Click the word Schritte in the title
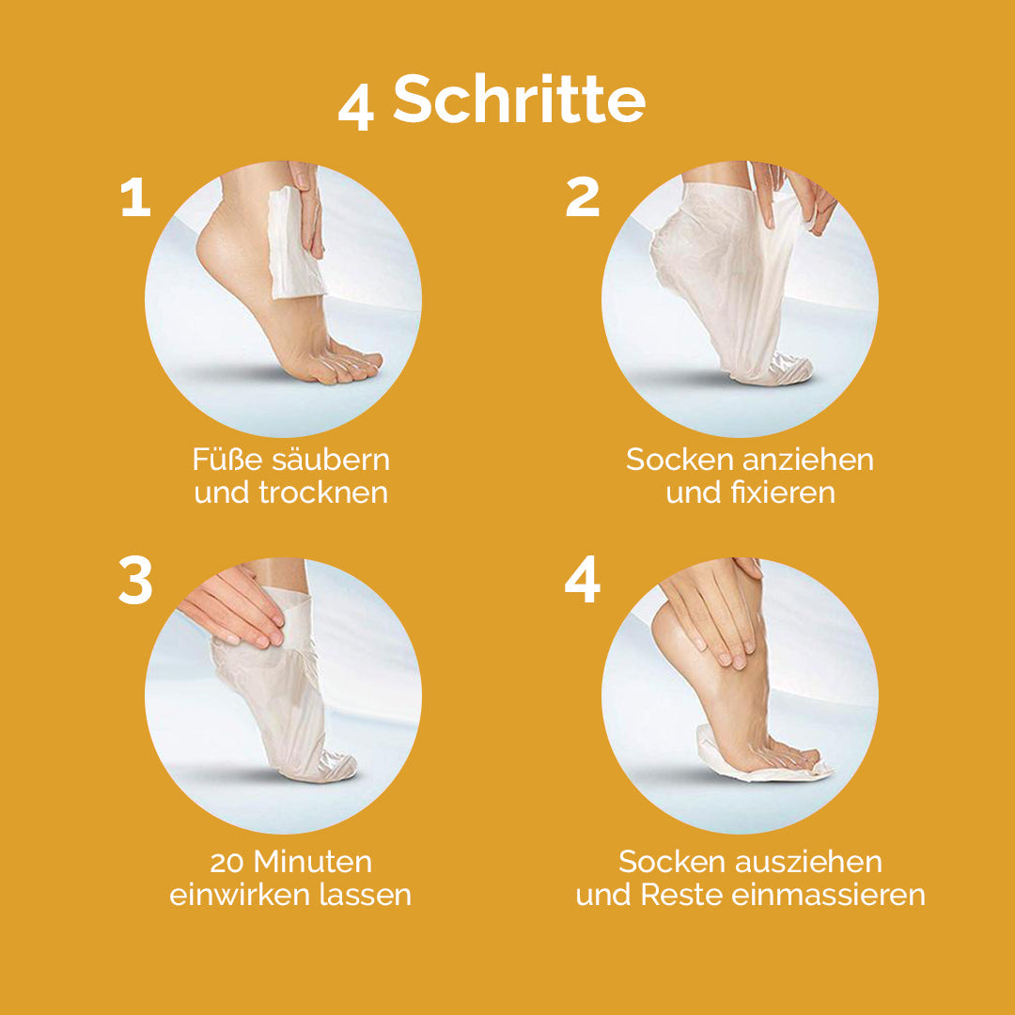click(519, 100)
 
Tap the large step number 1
click(136, 198)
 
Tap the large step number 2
click(583, 198)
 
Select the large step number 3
click(136, 582)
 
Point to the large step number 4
click(582, 582)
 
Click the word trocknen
click(322, 492)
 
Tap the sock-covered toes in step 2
click(785, 368)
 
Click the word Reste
click(677, 895)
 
